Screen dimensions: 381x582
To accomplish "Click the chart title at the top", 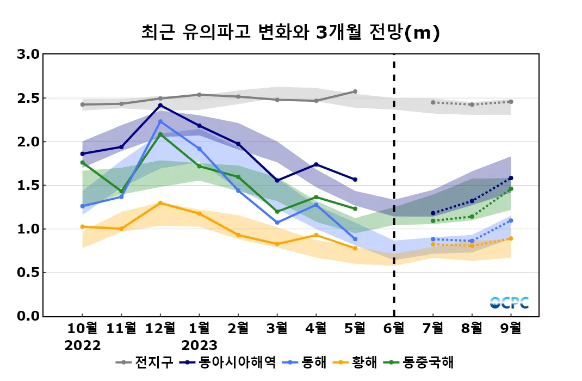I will point(290,33).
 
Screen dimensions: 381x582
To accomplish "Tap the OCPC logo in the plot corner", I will point(509,303).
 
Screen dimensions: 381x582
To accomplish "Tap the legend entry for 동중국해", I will point(420,362).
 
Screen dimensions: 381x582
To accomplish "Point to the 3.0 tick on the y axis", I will point(28,54).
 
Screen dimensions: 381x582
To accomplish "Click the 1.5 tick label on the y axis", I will point(28,186).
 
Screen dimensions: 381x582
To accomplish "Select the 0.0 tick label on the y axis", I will point(28,316).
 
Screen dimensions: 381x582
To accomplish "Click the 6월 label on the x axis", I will point(394,329).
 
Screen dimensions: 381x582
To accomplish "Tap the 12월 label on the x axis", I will point(160,329).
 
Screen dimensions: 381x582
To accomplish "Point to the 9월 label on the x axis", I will point(511,329).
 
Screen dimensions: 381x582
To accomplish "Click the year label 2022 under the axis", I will point(83,346).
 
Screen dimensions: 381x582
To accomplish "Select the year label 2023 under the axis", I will point(199,346).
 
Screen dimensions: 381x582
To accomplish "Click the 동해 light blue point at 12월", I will point(160,121).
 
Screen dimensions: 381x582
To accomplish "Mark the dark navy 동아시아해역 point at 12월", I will point(160,105).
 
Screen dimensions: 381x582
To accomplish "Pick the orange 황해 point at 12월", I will point(160,203).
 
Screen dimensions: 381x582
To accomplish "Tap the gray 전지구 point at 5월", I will point(355,91).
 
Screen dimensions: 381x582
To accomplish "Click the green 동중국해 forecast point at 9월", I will point(511,189).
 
